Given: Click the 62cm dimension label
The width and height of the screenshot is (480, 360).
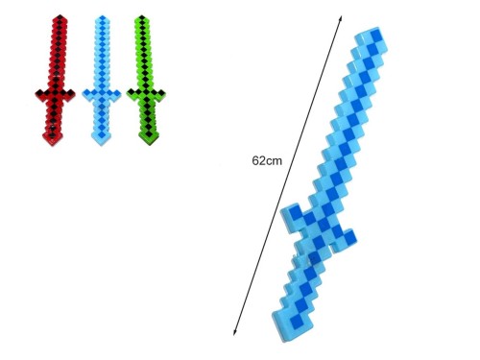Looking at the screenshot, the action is coord(267,160).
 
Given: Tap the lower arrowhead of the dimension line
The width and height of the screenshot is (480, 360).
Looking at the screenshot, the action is coord(234,333).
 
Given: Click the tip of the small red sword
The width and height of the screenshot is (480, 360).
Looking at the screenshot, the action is coord(60,16).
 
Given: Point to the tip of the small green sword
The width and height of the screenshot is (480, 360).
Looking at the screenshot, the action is coord(142,16).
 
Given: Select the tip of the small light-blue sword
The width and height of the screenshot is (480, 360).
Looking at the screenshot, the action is coord(103,16).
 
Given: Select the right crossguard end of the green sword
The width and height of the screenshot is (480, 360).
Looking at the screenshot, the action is coord(161,93).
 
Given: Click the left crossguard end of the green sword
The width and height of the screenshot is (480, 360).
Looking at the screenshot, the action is coord(131,93).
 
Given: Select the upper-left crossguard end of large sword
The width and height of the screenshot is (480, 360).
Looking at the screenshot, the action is coord(290,214).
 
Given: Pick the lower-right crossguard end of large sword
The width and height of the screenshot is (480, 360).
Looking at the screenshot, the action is coord(346,240).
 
